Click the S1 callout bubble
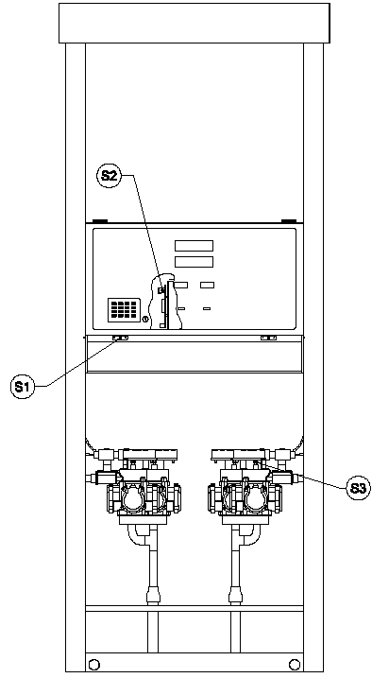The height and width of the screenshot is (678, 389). coord(22,386)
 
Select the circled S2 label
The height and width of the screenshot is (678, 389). coord(109,176)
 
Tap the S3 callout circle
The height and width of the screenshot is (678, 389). coord(359,488)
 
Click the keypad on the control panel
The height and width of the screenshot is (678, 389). coord(124,309)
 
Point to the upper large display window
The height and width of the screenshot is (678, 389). coord(194,246)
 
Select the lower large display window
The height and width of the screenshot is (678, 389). coord(194,262)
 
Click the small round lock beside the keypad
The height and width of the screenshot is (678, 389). coord(145,320)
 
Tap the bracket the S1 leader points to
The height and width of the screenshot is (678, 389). coord(120,338)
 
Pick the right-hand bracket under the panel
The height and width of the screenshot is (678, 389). coord(268,338)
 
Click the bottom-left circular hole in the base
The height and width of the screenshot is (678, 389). coord(93,664)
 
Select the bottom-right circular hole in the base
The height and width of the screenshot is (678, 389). coord(295,664)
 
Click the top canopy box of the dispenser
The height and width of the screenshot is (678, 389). coord(194,24)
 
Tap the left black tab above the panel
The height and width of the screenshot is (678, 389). coord(100,221)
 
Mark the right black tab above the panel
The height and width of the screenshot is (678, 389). coord(288,221)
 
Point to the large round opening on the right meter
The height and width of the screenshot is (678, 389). coord(255,499)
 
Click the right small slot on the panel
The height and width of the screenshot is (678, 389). coord(207,308)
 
